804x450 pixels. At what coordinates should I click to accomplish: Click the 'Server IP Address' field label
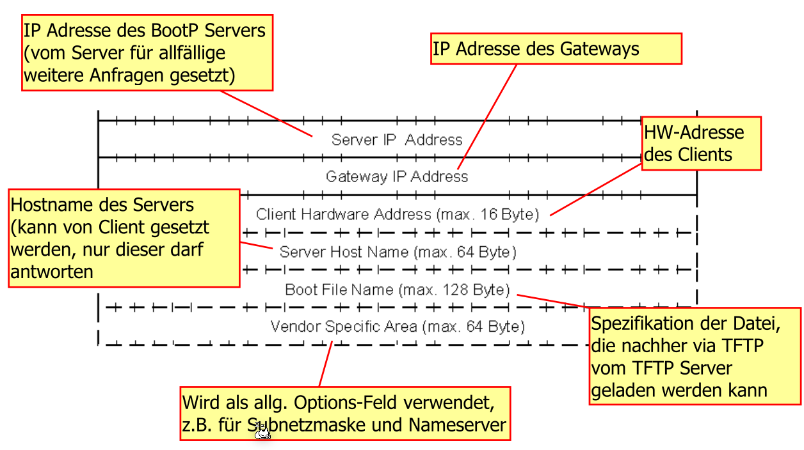pos(396,139)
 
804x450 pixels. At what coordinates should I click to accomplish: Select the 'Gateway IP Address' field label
pos(396,176)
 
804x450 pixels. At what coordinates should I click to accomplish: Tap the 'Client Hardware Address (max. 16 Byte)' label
pos(397,214)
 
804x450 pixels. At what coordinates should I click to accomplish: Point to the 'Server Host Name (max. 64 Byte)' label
pos(398,252)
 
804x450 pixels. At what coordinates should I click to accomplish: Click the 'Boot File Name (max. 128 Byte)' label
pos(397,290)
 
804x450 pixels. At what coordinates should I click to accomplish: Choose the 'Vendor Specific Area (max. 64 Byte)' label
pos(397,327)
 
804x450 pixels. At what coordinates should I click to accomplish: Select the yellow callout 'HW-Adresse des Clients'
pos(701,143)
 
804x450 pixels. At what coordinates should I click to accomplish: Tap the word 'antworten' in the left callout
pos(52,272)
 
